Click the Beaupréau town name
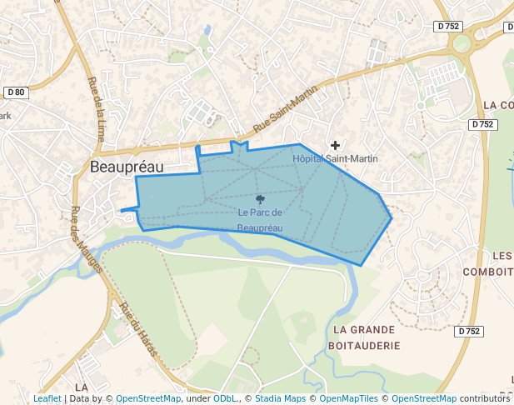click(x=127, y=167)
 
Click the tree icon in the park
click(x=260, y=199)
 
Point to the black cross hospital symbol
click(x=336, y=145)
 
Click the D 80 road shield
click(x=16, y=92)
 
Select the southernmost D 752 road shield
click(x=470, y=331)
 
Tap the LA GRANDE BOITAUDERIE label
click(x=365, y=337)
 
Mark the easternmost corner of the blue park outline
click(x=392, y=219)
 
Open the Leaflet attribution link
click(x=47, y=399)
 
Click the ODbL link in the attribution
click(x=224, y=399)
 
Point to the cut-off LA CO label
click(x=497, y=106)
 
